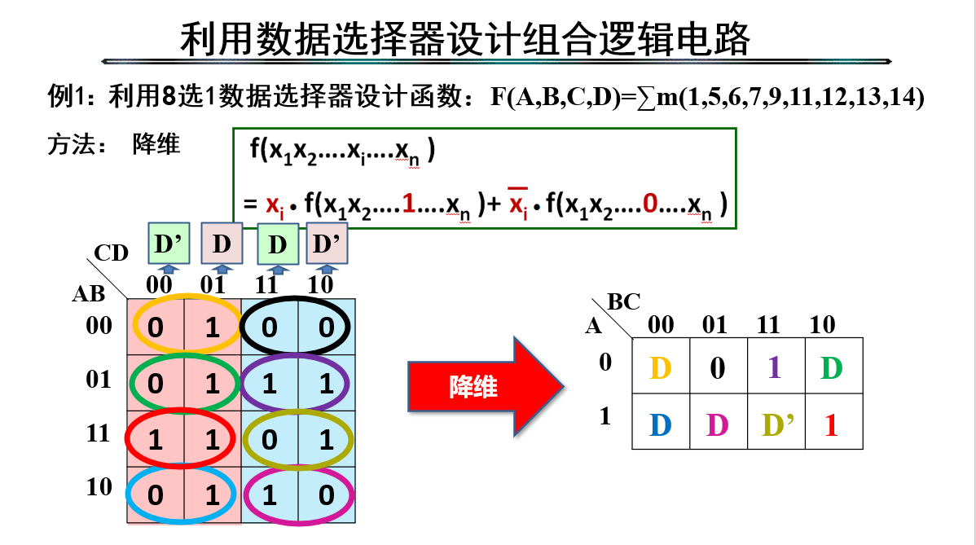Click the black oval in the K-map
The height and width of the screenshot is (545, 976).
(x=297, y=327)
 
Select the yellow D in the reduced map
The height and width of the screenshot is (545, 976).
(x=660, y=368)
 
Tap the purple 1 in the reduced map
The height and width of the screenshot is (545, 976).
(x=775, y=368)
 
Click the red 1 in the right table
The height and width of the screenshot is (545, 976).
(x=831, y=425)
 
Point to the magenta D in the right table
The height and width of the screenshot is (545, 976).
(x=717, y=425)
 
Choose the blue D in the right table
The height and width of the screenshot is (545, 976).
(x=660, y=425)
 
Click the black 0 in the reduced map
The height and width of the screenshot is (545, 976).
(x=717, y=368)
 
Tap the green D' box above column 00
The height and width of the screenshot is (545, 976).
(x=169, y=244)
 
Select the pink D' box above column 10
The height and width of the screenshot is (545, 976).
(x=327, y=244)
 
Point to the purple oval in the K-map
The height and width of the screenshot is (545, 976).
(x=297, y=383)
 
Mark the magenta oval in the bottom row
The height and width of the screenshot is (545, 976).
(x=297, y=494)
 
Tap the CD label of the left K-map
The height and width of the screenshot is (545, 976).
(x=112, y=253)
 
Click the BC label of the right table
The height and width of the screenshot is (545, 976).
(x=624, y=302)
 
